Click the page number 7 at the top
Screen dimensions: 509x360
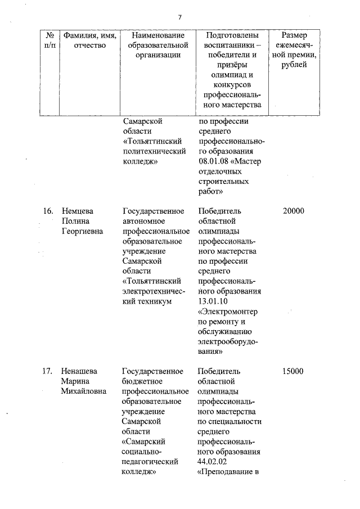179,16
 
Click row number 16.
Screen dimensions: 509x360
48,211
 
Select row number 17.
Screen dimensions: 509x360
48,371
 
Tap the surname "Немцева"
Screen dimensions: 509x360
78,211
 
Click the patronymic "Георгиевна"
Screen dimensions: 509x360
82,231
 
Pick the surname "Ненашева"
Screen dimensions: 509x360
80,371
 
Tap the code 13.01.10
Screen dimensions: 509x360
214,301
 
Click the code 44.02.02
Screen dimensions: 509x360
214,461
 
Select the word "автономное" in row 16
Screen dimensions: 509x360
143,221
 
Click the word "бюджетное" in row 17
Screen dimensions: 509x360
141,381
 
